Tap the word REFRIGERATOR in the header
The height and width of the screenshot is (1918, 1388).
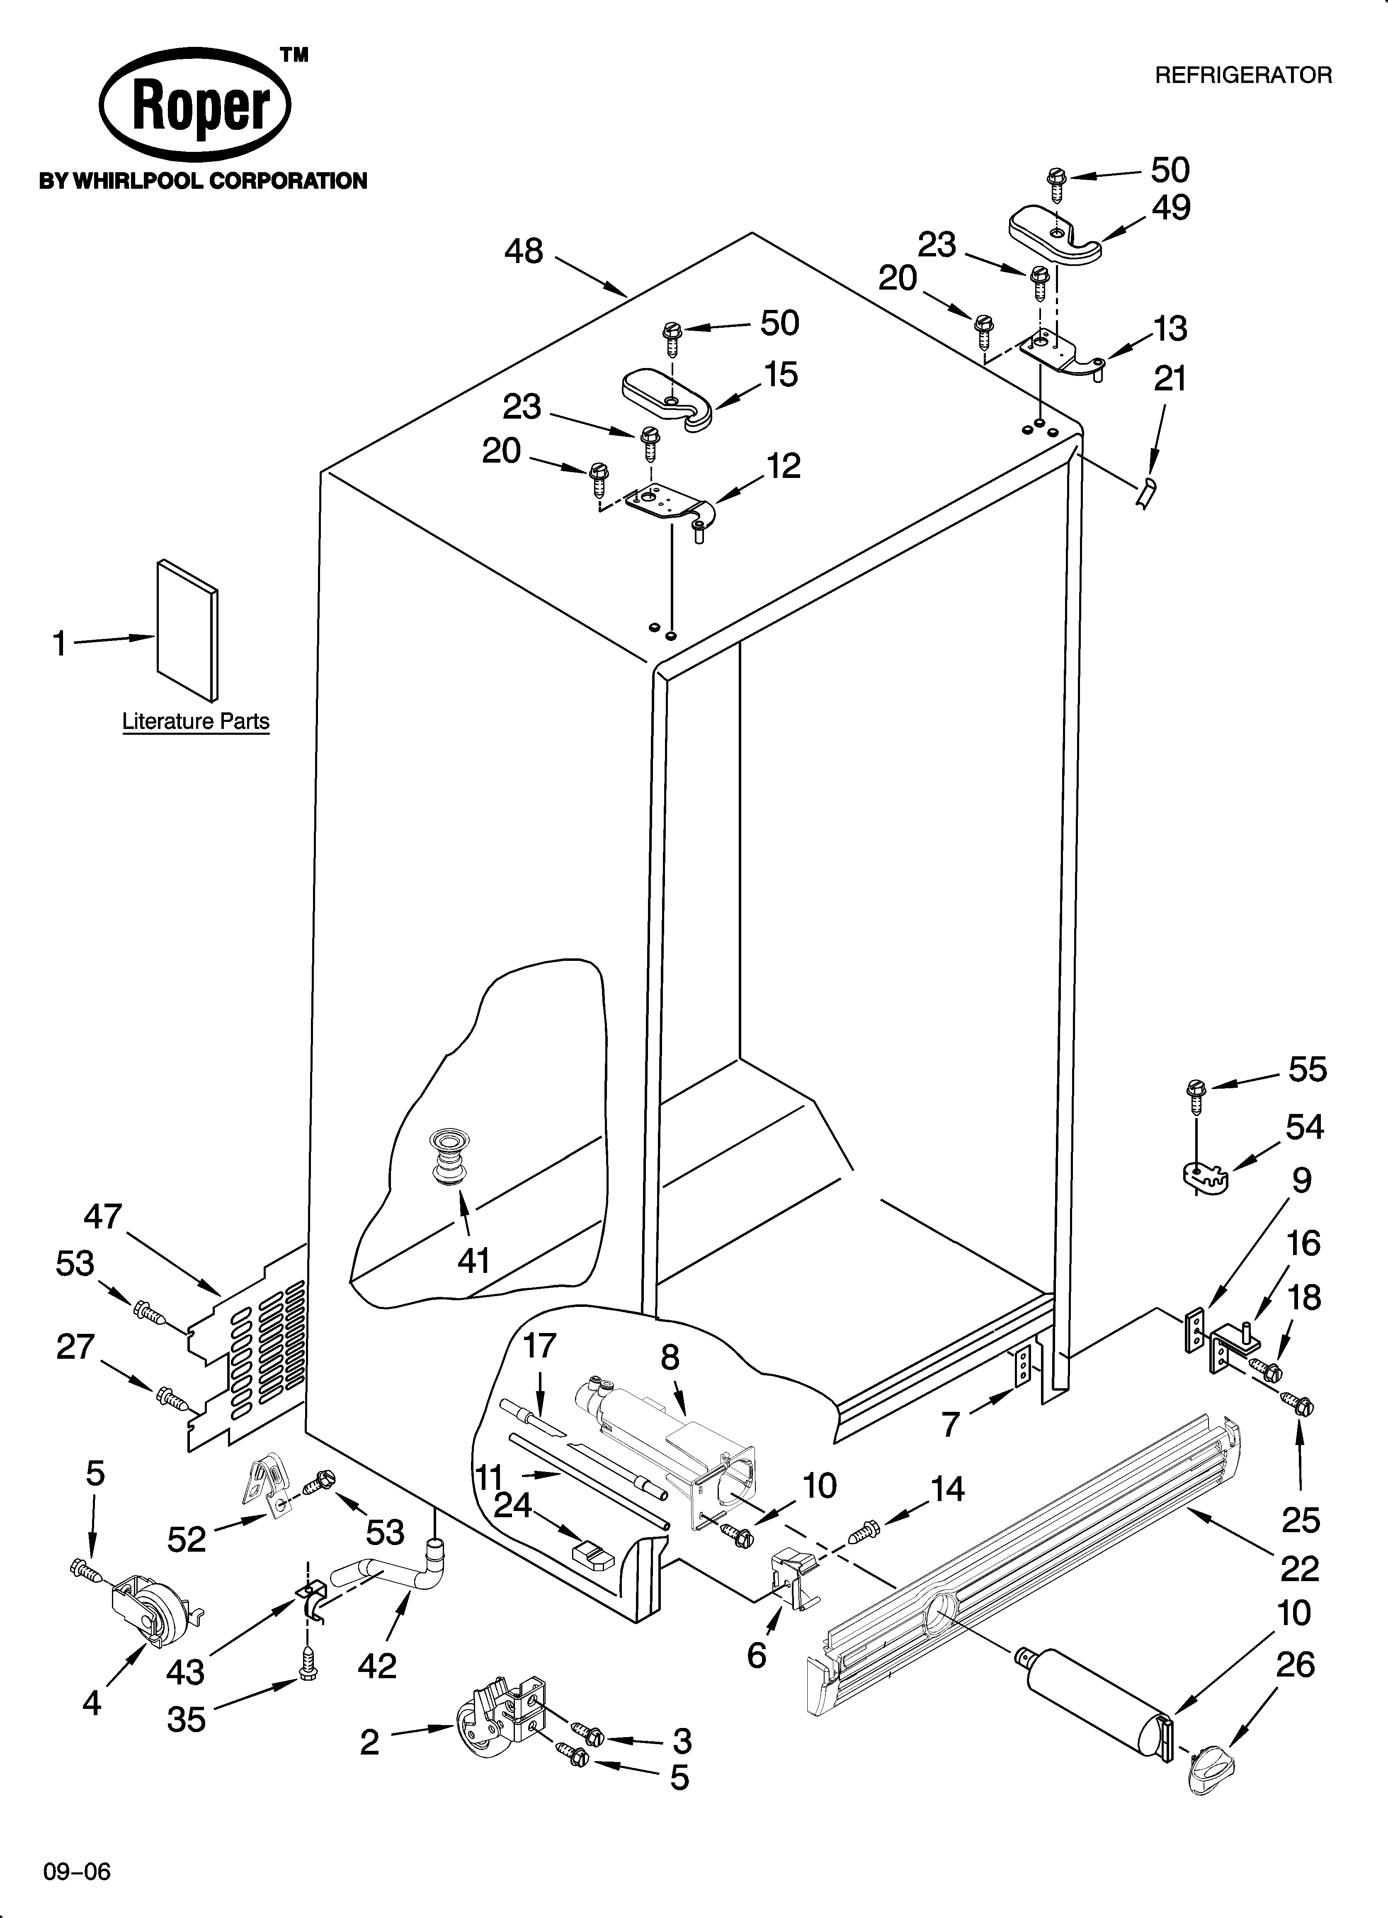point(1242,75)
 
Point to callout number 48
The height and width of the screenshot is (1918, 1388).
point(523,251)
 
